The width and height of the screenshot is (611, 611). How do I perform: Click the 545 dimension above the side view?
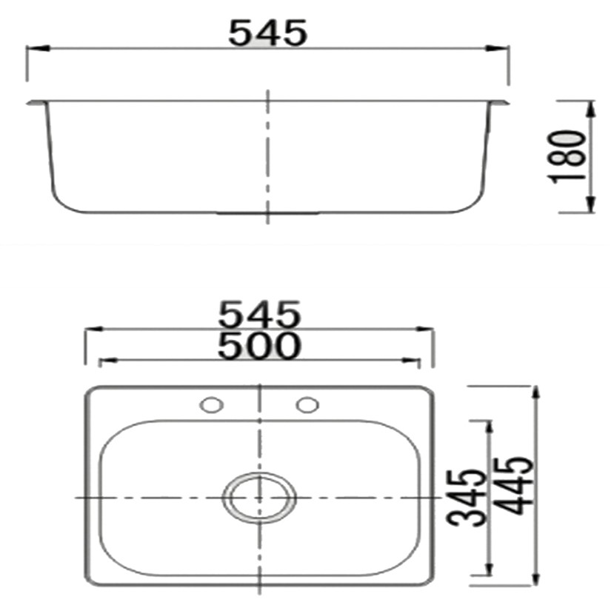267,33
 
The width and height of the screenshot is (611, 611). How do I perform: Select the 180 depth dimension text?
568,157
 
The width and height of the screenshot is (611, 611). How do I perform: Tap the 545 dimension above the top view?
259,315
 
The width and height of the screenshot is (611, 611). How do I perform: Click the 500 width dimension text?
259,345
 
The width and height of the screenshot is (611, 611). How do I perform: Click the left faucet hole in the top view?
212,405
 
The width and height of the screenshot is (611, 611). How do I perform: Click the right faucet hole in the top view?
306,405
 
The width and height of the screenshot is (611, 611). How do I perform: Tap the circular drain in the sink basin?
259,497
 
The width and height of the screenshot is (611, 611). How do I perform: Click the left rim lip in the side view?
34,102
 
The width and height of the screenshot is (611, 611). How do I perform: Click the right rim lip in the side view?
501,102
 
